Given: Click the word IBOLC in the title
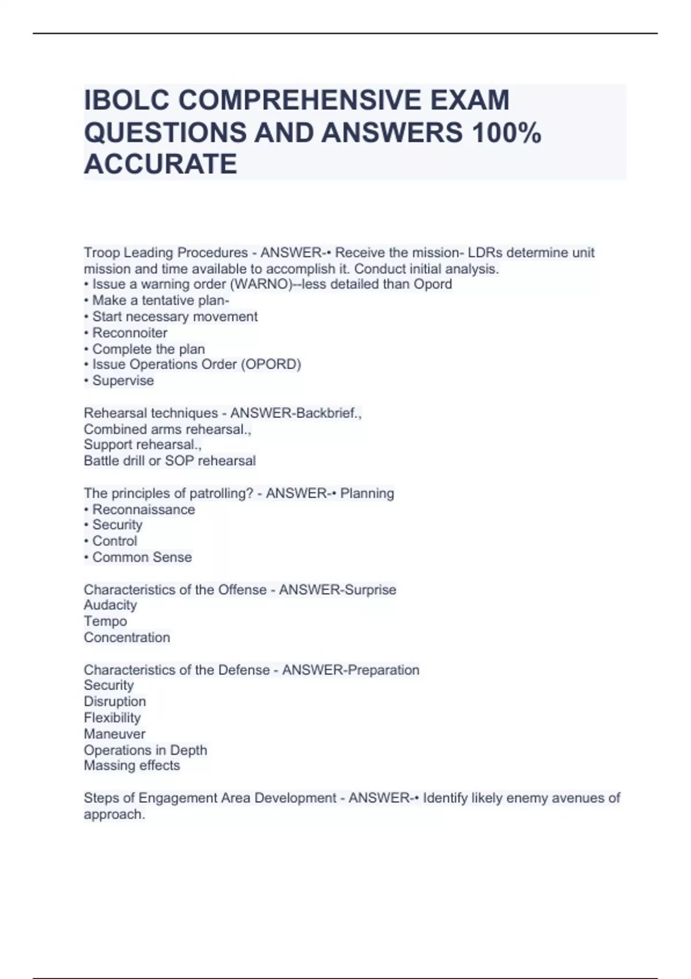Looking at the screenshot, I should pos(127,100).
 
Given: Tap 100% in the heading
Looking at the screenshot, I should pos(506,132).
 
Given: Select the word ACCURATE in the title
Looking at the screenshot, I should pos(160,164).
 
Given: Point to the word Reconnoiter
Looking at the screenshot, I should pos(130,333).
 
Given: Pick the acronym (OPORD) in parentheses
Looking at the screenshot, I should pos(271,365).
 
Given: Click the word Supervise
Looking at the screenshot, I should pos(123,381).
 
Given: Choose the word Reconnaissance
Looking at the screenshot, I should pos(143,510).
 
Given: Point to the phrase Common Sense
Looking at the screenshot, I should pos(142,557).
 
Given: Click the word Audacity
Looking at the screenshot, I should pos(110,605).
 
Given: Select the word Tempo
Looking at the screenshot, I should pos(105,621).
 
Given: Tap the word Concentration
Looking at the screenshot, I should pos(127,638).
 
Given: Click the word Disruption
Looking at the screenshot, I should pos(115,701).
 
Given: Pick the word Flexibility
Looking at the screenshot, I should pos(112,718).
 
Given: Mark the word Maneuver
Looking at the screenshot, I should pos(114,734).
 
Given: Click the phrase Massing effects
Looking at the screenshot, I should pos(131,766).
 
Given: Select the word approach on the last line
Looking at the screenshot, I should pos(113,814).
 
